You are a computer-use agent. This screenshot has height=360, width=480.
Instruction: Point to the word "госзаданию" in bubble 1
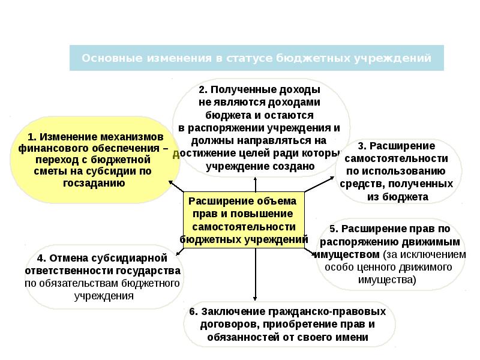point(94,182)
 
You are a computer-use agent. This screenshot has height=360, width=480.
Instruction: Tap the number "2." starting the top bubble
point(204,89)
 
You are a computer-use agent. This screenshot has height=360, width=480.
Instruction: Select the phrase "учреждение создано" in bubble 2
point(260,166)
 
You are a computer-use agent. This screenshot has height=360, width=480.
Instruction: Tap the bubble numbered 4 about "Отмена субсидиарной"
point(102,277)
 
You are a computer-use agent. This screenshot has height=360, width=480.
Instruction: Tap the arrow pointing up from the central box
point(254,180)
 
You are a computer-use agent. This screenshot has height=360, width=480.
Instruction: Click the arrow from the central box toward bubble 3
point(320,185)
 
